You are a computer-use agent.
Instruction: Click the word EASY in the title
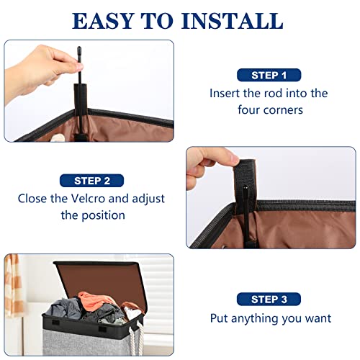(103, 21)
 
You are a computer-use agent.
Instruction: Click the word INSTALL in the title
(233, 21)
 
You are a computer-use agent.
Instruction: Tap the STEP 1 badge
(269, 75)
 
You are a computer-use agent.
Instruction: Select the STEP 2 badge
(92, 181)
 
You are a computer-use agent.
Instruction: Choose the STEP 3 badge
(269, 300)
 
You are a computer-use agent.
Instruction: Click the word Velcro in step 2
(88, 199)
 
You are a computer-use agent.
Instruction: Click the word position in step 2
(103, 215)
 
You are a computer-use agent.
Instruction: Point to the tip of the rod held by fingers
(79, 48)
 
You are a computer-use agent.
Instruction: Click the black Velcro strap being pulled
(246, 180)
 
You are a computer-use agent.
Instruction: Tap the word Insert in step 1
(225, 93)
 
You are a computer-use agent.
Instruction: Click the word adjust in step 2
(148, 199)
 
